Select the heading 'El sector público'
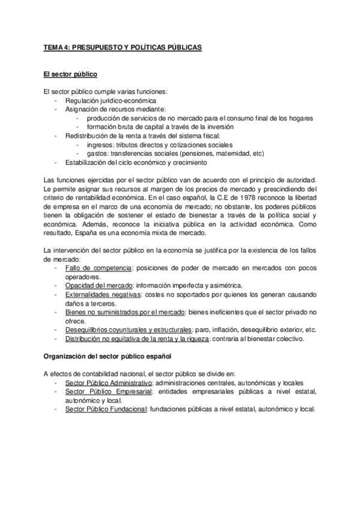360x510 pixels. point(71,74)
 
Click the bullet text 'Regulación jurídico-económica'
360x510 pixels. point(111,100)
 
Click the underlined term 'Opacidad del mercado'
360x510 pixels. point(99,284)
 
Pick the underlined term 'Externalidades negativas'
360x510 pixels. point(103,294)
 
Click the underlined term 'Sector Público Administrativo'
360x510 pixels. point(108,382)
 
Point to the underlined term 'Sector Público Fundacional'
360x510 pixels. point(105,409)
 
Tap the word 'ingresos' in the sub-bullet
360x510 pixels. point(99,145)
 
